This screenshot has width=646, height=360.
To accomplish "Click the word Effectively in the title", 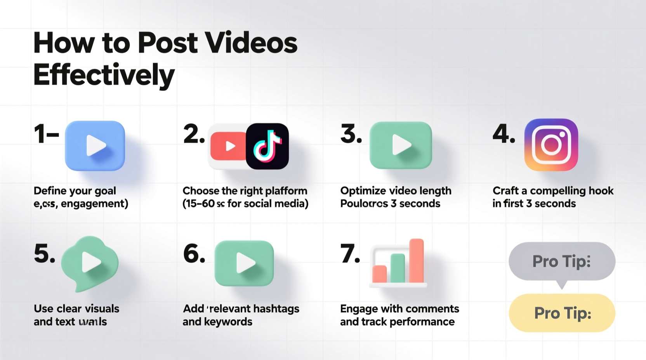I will tap(104, 75).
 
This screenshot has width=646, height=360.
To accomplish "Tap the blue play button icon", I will tap(95, 146).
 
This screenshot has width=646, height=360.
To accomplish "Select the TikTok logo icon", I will tap(267, 146).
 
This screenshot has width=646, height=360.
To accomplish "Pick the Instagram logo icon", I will tap(551, 145).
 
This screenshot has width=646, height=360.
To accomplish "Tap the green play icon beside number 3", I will tap(401, 145).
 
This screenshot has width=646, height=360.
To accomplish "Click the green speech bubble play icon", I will tap(90, 263).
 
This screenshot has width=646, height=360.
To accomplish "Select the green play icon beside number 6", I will tap(244, 263).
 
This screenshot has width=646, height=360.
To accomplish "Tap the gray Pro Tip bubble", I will tap(562, 261).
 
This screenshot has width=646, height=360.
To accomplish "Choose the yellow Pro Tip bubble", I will tap(562, 313).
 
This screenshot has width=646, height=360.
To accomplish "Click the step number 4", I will tap(503, 134).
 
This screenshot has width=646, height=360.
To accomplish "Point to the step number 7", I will tap(350, 254).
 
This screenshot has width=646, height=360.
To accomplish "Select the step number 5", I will tap(44, 254).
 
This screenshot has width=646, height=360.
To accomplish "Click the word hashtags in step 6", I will tap(276, 309).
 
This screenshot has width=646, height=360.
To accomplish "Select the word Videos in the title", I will tap(251, 43).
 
